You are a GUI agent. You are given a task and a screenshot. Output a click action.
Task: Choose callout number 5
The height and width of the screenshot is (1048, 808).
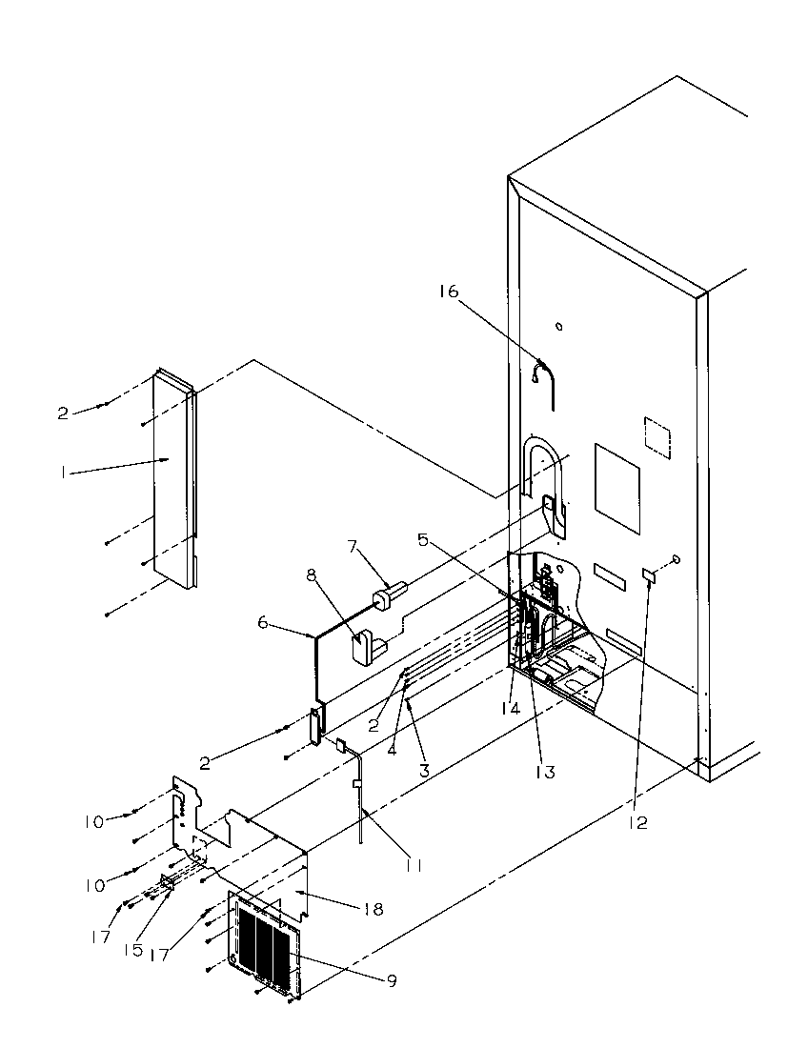coord(423,539)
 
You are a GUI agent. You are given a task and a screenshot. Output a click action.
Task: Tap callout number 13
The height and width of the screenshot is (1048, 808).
coord(545,772)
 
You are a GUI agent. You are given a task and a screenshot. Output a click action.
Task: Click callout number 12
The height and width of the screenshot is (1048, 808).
coord(637,822)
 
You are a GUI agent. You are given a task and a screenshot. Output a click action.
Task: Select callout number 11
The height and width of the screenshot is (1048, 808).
coord(412,865)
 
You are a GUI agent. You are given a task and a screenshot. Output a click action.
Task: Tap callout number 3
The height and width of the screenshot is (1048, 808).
coord(423,769)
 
